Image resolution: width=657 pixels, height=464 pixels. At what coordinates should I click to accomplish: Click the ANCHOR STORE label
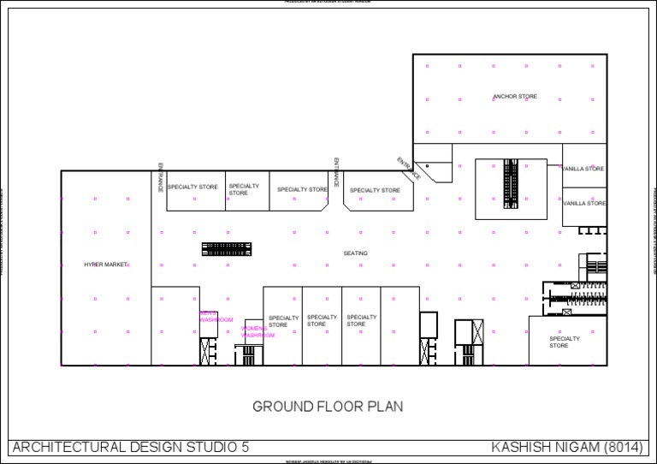(x=515, y=97)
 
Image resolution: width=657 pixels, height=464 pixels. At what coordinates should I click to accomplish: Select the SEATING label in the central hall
(x=356, y=253)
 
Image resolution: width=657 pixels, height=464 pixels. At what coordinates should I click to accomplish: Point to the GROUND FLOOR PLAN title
(x=328, y=407)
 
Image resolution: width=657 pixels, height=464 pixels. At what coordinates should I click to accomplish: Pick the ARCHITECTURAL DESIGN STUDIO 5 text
(x=131, y=447)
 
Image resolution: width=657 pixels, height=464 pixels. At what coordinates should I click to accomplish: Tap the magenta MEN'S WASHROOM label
(x=216, y=317)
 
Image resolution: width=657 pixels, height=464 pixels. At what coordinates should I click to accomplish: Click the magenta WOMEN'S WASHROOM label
(x=257, y=332)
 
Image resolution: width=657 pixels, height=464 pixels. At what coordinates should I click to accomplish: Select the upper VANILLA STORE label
(x=583, y=169)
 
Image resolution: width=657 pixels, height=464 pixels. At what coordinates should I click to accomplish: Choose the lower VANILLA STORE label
(x=584, y=203)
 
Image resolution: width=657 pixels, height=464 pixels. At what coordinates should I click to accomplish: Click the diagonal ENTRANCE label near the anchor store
(x=409, y=168)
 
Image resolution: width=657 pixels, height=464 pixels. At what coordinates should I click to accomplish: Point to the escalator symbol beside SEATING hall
(x=227, y=249)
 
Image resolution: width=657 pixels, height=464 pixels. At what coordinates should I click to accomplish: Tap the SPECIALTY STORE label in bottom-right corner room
(x=565, y=342)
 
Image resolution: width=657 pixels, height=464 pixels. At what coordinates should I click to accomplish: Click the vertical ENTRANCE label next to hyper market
(x=160, y=177)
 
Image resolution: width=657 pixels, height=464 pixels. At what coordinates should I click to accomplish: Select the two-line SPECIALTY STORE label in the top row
(x=244, y=189)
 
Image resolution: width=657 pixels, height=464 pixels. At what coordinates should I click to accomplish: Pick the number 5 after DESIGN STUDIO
(x=246, y=447)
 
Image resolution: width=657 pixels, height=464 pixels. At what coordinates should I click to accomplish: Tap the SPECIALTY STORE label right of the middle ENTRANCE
(x=375, y=190)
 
